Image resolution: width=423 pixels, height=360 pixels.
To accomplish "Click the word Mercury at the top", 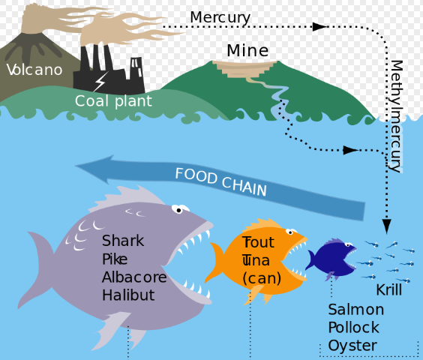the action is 220,18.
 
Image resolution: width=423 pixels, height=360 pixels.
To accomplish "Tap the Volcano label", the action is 34,70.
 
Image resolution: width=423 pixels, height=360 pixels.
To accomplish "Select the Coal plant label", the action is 113,102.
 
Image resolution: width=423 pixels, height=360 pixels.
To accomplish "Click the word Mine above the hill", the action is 247,50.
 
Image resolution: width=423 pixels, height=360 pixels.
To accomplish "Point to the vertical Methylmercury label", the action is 397,116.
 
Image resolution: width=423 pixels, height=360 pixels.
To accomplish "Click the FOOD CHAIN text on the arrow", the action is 221,181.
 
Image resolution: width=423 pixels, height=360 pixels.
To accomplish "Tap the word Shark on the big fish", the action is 123,241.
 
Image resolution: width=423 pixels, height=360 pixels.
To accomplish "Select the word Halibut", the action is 128,295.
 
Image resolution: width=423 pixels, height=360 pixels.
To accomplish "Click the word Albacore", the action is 134,277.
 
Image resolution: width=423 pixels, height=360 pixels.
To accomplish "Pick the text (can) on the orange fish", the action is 262,278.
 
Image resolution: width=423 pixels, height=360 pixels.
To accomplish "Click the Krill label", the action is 389,289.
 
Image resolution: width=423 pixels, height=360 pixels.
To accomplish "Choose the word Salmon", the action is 355,310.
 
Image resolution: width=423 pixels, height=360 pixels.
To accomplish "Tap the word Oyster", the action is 352,346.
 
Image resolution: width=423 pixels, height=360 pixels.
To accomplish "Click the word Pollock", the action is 354,327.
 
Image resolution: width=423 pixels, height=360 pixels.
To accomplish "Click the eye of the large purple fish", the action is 178,209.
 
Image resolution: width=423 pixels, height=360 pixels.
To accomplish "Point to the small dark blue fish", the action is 331,258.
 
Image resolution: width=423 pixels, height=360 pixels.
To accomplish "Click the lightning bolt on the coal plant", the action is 100,82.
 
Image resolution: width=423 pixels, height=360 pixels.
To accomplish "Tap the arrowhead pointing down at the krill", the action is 386,226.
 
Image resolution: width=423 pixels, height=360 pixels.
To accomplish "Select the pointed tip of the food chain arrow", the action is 75,166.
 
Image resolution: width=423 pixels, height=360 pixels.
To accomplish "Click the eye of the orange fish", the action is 290,232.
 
